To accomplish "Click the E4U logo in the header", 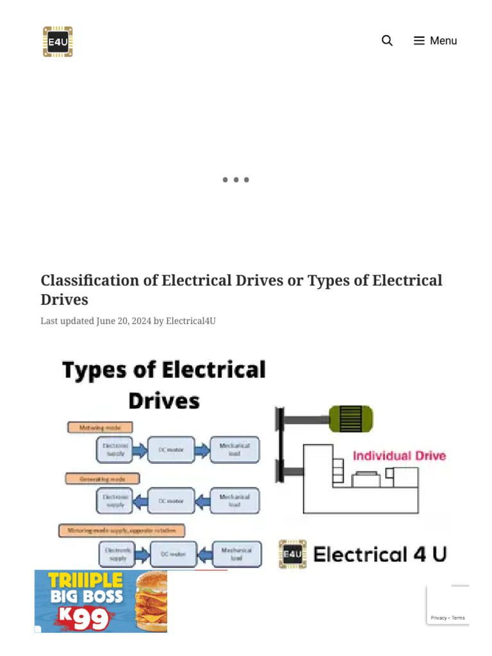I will pos(58,42).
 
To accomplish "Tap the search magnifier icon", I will pos(387,41).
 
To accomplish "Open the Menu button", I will pos(435,41).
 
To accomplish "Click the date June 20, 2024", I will pos(124,321).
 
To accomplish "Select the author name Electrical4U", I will pos(191,321).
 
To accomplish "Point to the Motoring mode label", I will pos(100,427).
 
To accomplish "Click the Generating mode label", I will pos(102,479).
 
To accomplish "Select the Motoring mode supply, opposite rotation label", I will pos(122,530).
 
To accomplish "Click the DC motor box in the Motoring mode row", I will pos(170,450).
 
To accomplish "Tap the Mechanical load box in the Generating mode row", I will pos(234,500).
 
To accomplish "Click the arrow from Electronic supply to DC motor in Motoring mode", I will pos(140,450).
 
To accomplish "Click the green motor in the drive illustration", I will pos(350,419).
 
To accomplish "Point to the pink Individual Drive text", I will pos(399,456).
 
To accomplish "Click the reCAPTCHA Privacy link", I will pos(438,618).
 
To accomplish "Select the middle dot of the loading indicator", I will pos(236,180).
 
